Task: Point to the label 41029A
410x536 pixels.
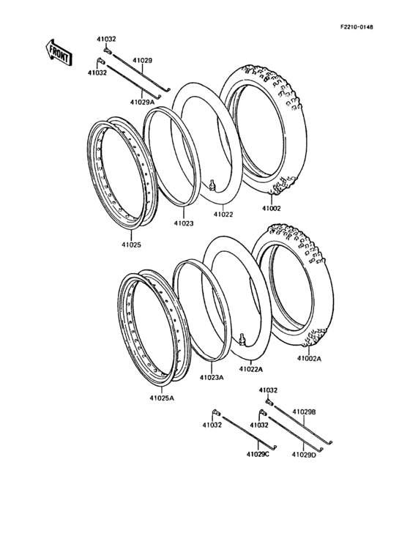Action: pos(142,103)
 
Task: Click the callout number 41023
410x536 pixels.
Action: pos(184,223)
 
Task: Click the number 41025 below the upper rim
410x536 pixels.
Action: pos(133,244)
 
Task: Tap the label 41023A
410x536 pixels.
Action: pos(212,378)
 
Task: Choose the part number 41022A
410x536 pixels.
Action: pos(250,370)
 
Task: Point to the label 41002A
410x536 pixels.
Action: pos(308,359)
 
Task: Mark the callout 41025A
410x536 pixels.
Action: pos(162,399)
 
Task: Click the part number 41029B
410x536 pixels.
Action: pos(304,412)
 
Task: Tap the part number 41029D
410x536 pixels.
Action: pos(304,455)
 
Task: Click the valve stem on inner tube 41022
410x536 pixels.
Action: pos(212,186)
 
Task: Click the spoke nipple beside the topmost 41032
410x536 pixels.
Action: pos(108,51)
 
